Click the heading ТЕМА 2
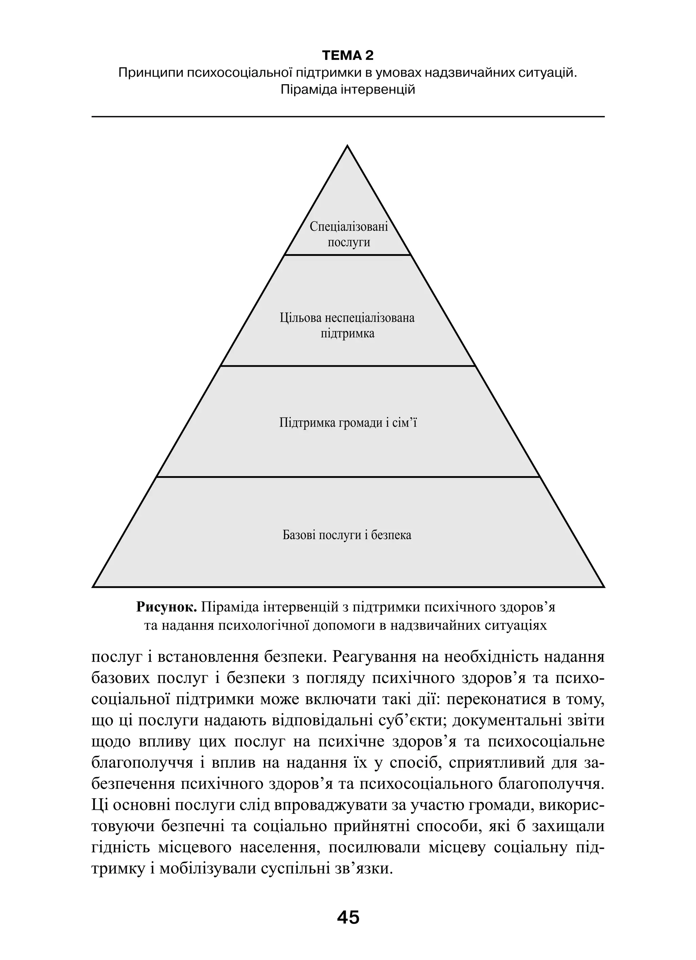348,55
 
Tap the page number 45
348,917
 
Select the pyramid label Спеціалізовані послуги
348,234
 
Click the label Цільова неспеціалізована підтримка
347,326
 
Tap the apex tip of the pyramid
348,146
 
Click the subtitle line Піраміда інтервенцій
348,90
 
